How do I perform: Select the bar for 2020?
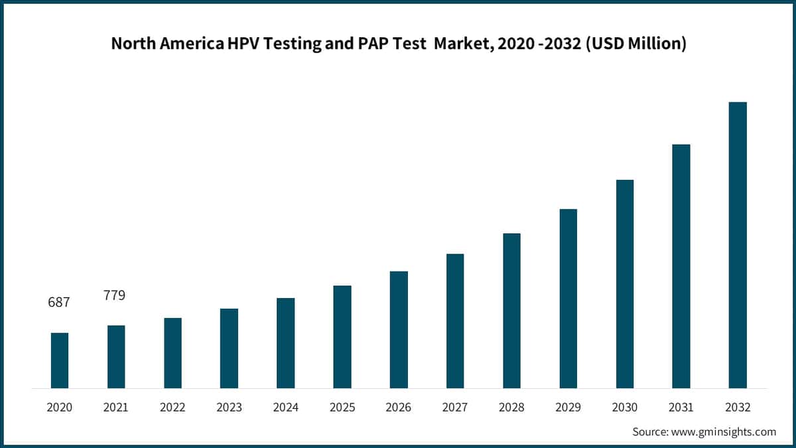[60, 360]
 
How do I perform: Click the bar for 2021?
[116, 357]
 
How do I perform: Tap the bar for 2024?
[285, 343]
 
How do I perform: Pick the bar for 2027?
[455, 321]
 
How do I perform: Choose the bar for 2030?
[625, 284]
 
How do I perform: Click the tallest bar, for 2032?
[738, 246]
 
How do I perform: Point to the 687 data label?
[59, 302]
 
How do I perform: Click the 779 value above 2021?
[114, 295]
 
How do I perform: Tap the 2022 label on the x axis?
[172, 407]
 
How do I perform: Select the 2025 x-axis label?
[342, 407]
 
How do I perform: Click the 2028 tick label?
[511, 407]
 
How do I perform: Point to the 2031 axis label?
[681, 407]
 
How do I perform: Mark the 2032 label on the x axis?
[738, 407]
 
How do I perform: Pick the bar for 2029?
[568, 299]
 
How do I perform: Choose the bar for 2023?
[229, 348]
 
